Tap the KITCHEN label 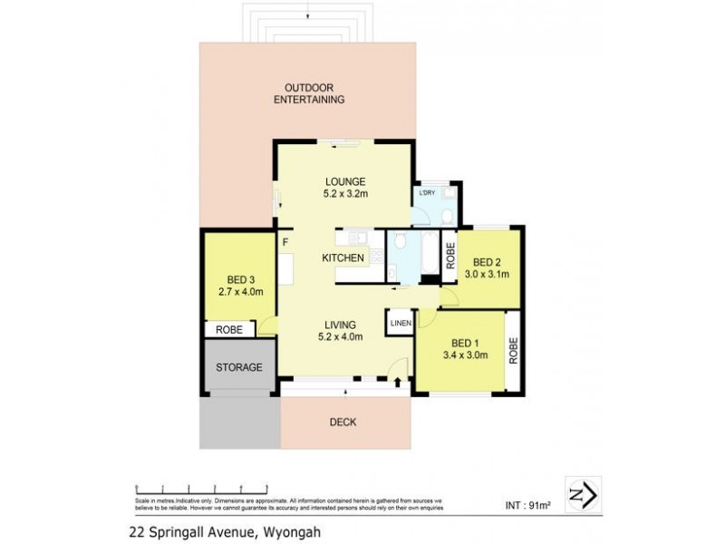[343, 258]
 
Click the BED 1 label [464, 343]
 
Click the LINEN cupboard [401, 324]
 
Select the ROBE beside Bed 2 [449, 257]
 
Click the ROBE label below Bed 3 [228, 330]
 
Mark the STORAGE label [238, 367]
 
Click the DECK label [343, 422]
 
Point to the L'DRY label [426, 193]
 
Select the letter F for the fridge [285, 242]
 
